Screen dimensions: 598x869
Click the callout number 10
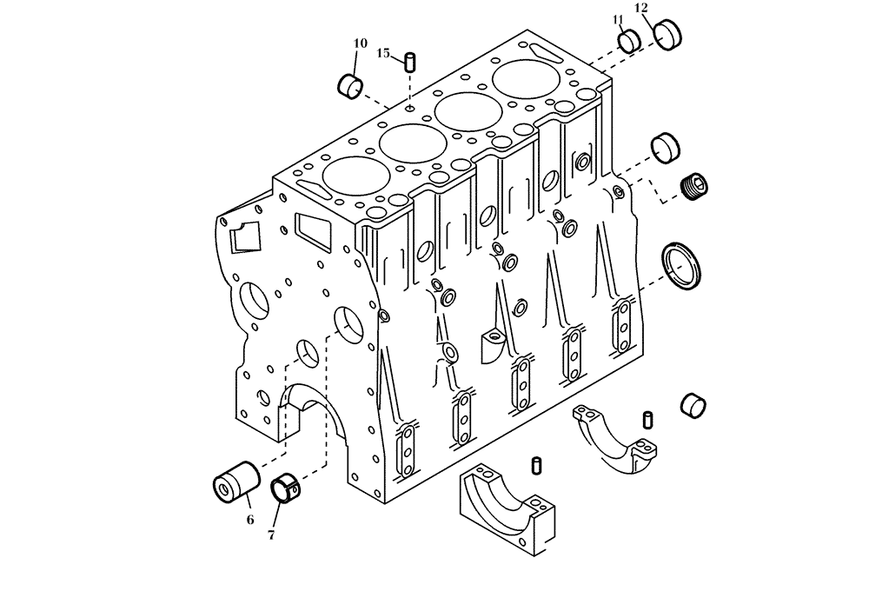coord(360,43)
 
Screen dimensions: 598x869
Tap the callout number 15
coord(383,54)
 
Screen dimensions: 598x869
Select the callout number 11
coord(618,19)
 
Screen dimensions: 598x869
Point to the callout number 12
coord(641,8)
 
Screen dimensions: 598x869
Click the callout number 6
coord(250,520)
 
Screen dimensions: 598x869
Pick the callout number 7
coord(271,535)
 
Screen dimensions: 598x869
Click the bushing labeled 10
coord(349,85)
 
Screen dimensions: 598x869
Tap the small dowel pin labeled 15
coord(408,62)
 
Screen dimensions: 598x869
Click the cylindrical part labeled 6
coord(237,481)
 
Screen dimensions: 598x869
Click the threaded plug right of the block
coord(695,186)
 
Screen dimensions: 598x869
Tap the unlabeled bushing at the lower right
coord(693,404)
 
